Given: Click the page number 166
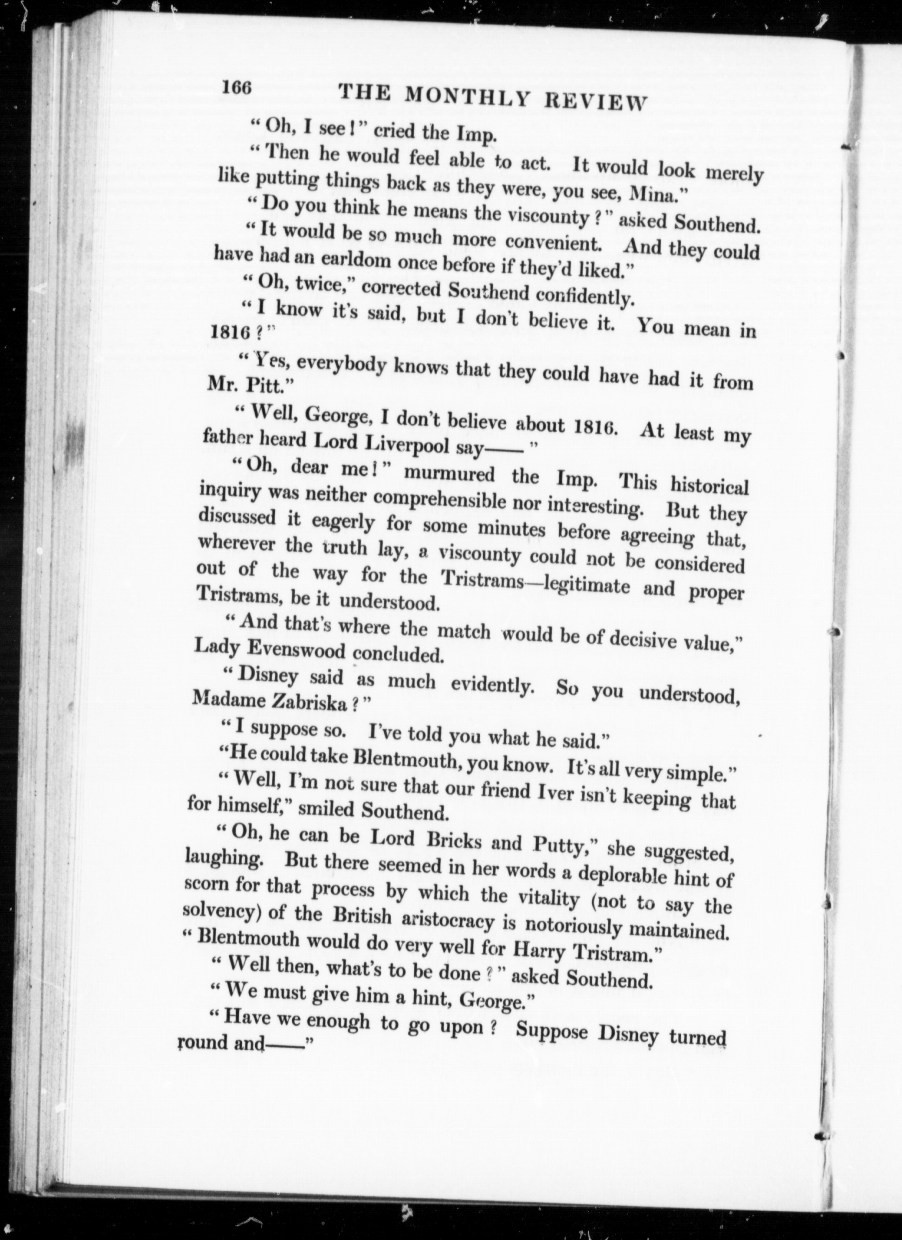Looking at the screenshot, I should tap(236, 88).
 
